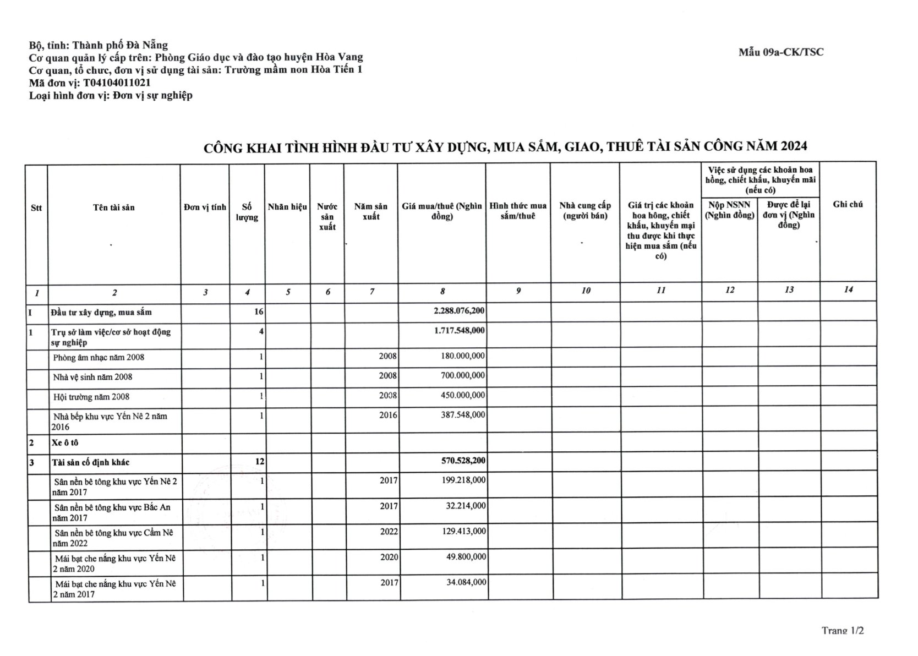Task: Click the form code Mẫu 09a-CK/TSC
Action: click(781, 52)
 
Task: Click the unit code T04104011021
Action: click(117, 83)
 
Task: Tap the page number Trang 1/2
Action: click(842, 630)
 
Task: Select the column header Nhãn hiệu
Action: click(287, 207)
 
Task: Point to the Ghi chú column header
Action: click(848, 204)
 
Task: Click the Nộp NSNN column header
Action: click(729, 210)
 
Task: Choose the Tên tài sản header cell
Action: click(114, 207)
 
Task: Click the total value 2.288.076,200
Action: click(459, 311)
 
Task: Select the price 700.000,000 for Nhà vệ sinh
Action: click(463, 375)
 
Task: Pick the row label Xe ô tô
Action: click(67, 442)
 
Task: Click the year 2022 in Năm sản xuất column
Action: click(389, 532)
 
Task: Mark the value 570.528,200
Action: click(460, 460)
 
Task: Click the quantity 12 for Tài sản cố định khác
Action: click(259, 461)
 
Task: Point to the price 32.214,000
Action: click(466, 506)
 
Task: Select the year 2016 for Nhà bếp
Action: click(388, 416)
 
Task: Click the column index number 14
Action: click(848, 289)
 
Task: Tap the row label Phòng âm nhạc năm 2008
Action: click(99, 357)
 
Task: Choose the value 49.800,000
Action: click(466, 557)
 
